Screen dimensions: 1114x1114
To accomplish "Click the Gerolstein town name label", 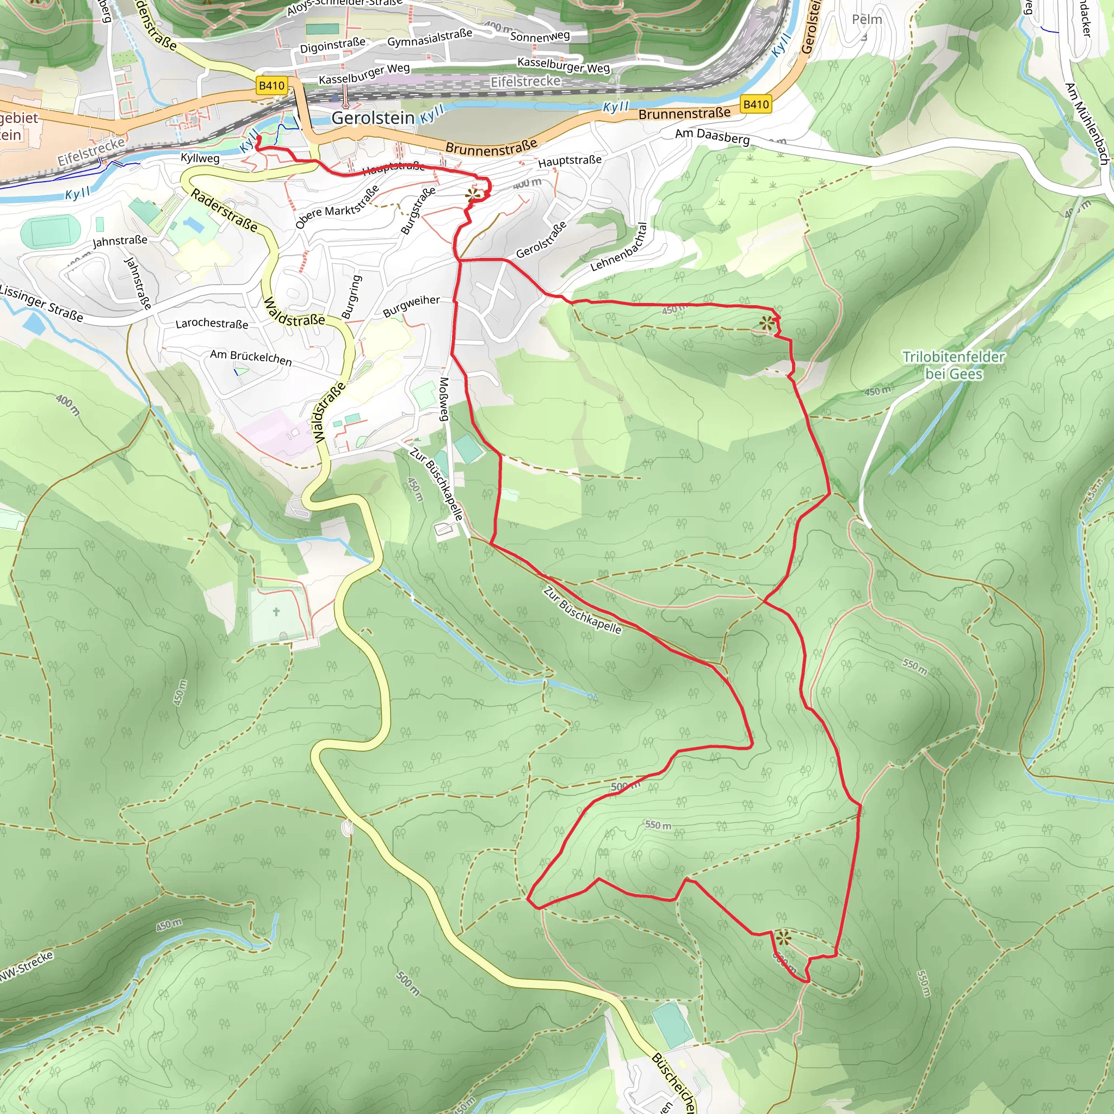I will pyautogui.click(x=373, y=118).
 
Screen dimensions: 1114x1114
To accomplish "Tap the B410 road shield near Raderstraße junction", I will pyautogui.click(x=271, y=86).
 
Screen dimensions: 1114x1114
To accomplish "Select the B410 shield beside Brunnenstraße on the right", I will pyautogui.click(x=756, y=104).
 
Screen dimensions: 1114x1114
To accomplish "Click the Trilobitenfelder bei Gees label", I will pyautogui.click(x=953, y=366).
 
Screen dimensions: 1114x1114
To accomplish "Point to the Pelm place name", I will pyautogui.click(x=867, y=20).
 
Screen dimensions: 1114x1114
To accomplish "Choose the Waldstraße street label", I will pyautogui.click(x=294, y=312).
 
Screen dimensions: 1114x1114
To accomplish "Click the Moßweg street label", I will pyautogui.click(x=444, y=399).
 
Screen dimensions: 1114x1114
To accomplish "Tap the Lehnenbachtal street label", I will pyautogui.click(x=619, y=247).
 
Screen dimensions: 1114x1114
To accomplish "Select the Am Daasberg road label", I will pyautogui.click(x=712, y=137).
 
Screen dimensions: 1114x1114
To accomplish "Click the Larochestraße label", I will pyautogui.click(x=212, y=324).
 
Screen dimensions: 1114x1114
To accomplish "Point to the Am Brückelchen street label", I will pyautogui.click(x=251, y=357).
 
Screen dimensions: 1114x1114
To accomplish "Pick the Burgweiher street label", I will pyautogui.click(x=411, y=306).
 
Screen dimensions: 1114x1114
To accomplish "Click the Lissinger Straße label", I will pyautogui.click(x=40, y=302).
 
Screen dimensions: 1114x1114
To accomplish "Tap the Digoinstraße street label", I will pyautogui.click(x=332, y=46).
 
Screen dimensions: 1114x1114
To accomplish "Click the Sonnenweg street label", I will pyautogui.click(x=540, y=36).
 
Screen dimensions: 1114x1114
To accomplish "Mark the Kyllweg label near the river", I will pyautogui.click(x=200, y=158).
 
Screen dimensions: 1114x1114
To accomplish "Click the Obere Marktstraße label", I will pyautogui.click(x=337, y=206).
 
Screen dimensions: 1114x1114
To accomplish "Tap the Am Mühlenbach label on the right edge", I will pyautogui.click(x=1086, y=124).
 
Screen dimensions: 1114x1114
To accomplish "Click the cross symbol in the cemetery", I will pyautogui.click(x=276, y=612).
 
